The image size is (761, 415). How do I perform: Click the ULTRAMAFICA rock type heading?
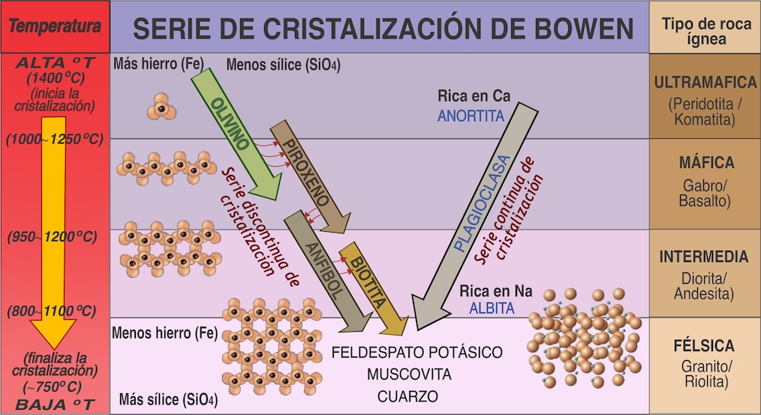(x=704, y=83)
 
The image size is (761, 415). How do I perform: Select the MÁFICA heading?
(x=704, y=163)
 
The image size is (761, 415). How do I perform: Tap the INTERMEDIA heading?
(x=704, y=257)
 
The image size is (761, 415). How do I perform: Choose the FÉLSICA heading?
(x=704, y=347)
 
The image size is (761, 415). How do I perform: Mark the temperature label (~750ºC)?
(x=55, y=386)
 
